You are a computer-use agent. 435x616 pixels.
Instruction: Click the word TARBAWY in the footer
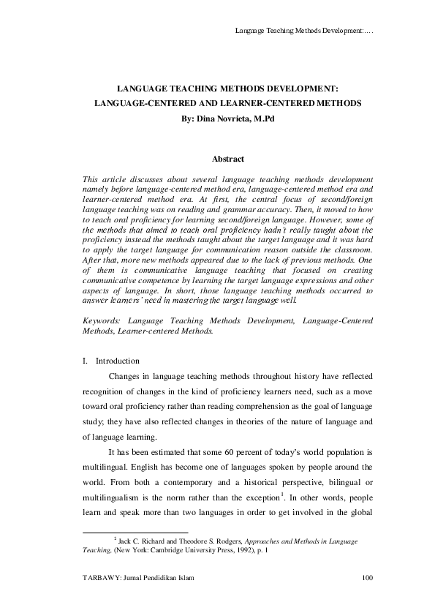[102, 579]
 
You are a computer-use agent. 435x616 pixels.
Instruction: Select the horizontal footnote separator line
[137, 532]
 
